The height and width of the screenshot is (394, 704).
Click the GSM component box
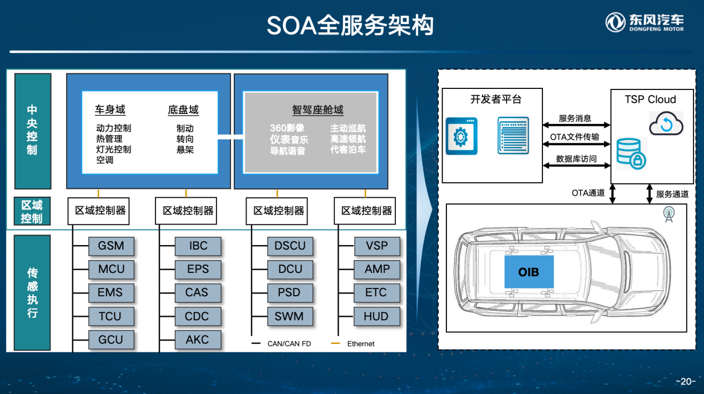[111, 246]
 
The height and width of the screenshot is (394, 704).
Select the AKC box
[198, 340]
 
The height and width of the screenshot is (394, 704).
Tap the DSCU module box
[290, 246]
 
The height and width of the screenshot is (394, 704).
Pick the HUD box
[376, 316]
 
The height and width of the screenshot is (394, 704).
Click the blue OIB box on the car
[529, 272]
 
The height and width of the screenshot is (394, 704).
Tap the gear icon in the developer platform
[461, 136]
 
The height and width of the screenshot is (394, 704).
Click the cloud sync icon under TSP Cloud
[666, 123]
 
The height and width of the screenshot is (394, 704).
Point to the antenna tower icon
[668, 215]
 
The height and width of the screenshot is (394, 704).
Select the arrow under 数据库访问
[576, 166]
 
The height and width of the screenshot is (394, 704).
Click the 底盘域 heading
[183, 110]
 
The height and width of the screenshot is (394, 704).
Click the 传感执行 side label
[32, 292]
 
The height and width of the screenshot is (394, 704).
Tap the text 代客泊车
[348, 149]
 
